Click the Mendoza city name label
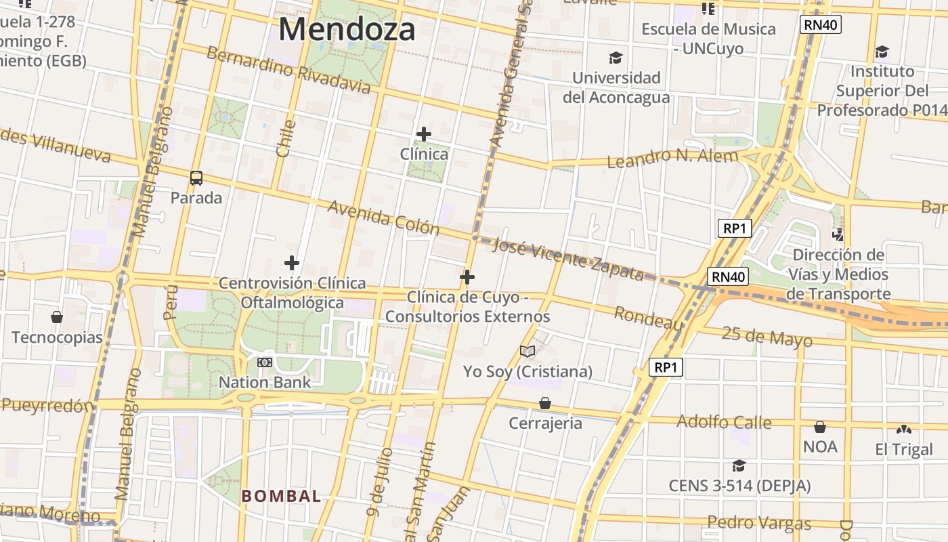[x=347, y=30]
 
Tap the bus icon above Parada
[x=196, y=178]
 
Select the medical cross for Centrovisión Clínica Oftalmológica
[x=292, y=263]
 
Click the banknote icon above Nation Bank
[x=265, y=362]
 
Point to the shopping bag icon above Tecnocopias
[x=57, y=317]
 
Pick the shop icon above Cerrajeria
[x=545, y=404]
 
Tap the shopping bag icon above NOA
[x=820, y=427]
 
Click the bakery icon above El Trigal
[x=903, y=430]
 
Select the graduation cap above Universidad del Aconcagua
[x=616, y=58]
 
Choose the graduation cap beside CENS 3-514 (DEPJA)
[x=739, y=466]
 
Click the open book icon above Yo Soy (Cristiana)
[x=527, y=351]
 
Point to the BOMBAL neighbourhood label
[x=282, y=496]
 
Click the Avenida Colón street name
[x=383, y=217]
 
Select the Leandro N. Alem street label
[x=672, y=159]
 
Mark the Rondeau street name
[x=648, y=318]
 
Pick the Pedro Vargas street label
[x=759, y=523]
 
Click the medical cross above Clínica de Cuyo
[x=467, y=277]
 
